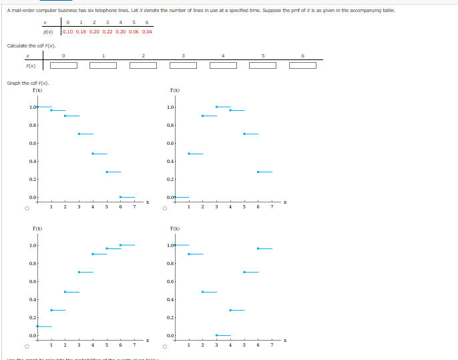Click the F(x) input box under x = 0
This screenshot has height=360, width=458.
click(x=63, y=65)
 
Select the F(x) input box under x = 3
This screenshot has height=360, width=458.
click(x=183, y=65)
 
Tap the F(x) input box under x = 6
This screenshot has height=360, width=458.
click(x=302, y=65)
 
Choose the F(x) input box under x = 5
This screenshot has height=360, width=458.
click(x=263, y=65)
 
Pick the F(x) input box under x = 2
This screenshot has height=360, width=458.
click(x=143, y=65)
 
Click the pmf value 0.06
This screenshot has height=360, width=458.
click(x=134, y=31)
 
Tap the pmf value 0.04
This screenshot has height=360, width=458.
click(x=147, y=31)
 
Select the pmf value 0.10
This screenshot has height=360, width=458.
click(x=68, y=31)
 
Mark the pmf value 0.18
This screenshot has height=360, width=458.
click(x=81, y=31)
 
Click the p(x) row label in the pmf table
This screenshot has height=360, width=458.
click(x=48, y=31)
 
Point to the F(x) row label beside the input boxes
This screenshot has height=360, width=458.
click(x=31, y=65)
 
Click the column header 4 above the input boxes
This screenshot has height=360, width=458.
click(x=223, y=56)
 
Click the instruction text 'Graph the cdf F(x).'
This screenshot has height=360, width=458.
click(x=27, y=83)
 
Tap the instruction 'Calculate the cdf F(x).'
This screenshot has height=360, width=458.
click(x=31, y=45)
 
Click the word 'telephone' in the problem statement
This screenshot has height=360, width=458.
click(x=107, y=10)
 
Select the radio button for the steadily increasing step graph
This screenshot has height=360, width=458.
click(x=27, y=347)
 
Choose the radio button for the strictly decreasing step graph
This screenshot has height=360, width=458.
click(x=27, y=208)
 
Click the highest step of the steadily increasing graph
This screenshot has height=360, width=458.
click(x=128, y=245)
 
